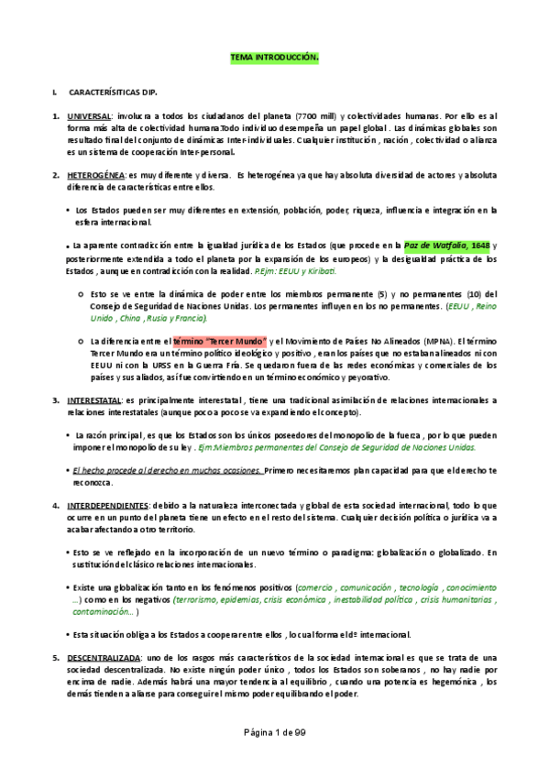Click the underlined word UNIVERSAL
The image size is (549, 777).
coord(88,117)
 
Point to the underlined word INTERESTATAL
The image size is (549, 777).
coord(94,400)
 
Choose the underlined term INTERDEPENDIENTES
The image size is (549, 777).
coord(107,505)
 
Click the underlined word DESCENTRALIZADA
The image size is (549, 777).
coord(104,659)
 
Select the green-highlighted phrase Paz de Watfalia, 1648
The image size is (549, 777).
coord(448,245)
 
